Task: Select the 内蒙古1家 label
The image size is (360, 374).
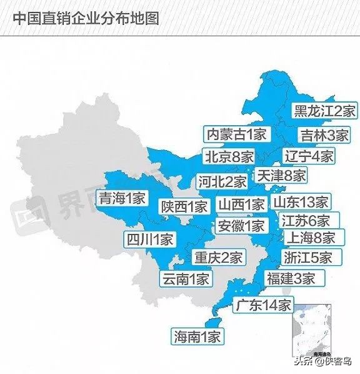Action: tap(237, 134)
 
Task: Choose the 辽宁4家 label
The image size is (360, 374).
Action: tap(309, 156)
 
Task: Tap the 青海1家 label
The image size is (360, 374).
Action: tap(122, 199)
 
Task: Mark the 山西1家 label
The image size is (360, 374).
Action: tap(241, 204)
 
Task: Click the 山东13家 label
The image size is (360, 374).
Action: tap(300, 202)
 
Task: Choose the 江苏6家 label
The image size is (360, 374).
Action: tap(304, 220)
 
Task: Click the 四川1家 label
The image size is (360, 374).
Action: tap(150, 239)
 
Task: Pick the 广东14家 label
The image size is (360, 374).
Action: tap(262, 305)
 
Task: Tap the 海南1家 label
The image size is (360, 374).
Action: tap(197, 336)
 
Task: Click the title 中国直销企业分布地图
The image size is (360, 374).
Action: tap(85, 18)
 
